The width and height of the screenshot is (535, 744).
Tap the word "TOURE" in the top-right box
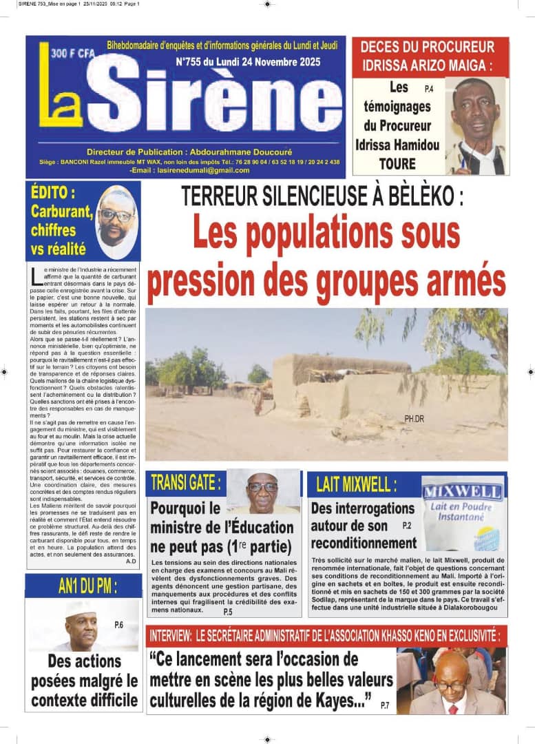397,164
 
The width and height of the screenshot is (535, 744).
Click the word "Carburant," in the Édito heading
62,212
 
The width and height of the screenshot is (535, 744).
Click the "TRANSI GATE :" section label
186,483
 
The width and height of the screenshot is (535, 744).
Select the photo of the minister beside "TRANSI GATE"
263,491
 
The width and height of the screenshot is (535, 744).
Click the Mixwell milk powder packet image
462,513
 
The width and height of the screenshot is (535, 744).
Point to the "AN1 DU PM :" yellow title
87,587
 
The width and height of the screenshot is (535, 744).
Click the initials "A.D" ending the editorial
131,562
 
